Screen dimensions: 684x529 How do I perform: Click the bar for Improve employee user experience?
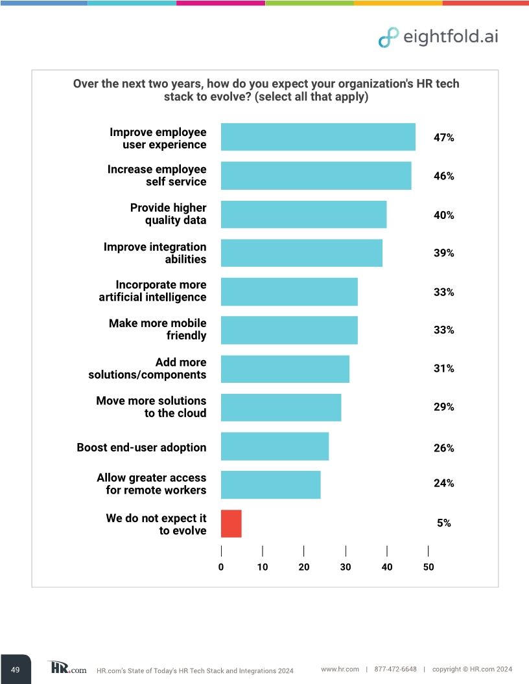pos(318,137)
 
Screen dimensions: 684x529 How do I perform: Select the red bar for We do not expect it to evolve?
pos(231,523)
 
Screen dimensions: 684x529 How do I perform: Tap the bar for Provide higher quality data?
pos(303,214)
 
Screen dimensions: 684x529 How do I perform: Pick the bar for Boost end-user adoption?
pos(274,446)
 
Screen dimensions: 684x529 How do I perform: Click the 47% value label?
pos(443,138)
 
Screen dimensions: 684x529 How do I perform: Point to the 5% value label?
pos(443,523)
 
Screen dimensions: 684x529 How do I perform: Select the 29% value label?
pos(443,407)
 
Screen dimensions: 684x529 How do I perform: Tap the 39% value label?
pos(443,253)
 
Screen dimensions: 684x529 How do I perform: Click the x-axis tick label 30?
pos(346,567)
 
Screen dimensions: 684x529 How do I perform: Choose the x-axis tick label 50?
pos(428,567)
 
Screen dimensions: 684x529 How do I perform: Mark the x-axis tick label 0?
pos(221,567)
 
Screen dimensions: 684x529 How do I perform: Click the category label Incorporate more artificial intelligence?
pos(152,291)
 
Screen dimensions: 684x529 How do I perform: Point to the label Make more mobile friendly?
pos(158,329)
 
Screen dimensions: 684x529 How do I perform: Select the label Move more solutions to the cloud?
pos(151,407)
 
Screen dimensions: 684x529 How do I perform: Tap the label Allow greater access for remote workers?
pos(151,484)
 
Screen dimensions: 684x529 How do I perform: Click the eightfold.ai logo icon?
pos(388,38)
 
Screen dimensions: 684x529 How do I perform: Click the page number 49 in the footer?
pos(16,668)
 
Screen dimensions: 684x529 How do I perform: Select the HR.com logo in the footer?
pos(67,668)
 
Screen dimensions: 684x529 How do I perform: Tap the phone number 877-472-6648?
pos(395,669)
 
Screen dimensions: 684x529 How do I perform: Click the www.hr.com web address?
pos(340,669)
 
